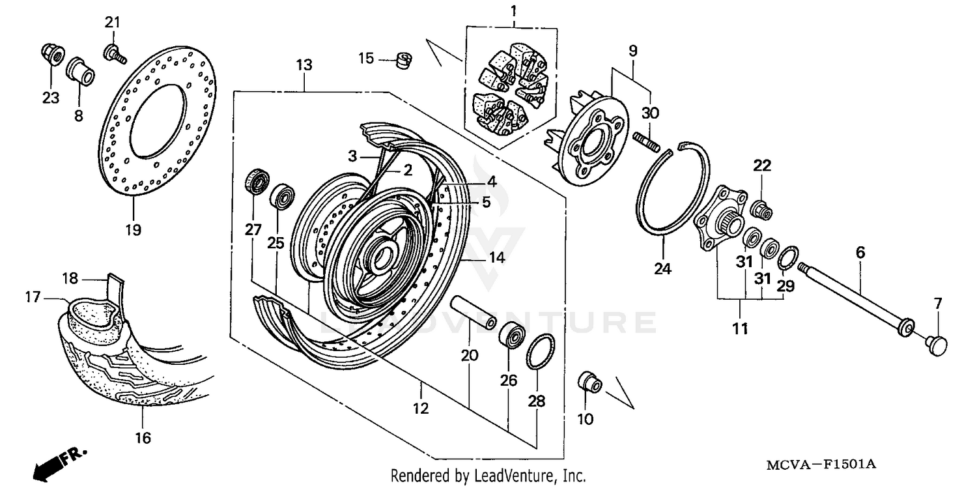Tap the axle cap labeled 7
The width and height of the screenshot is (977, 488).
[x=936, y=343]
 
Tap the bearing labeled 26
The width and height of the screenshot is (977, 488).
[x=511, y=334]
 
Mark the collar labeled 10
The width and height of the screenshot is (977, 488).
[x=589, y=381]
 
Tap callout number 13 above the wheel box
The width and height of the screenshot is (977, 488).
[x=304, y=65]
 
